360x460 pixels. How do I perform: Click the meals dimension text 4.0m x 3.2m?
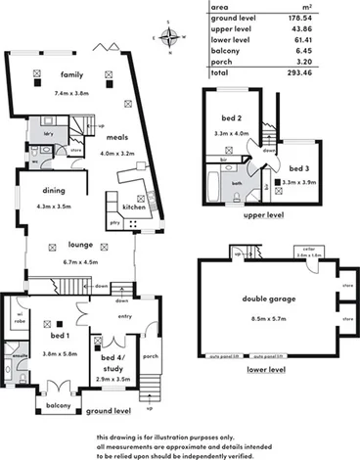pos(121,153)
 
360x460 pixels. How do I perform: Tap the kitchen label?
pos(135,208)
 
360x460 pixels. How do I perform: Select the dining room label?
pos(54,192)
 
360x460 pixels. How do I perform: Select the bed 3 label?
pos(301,169)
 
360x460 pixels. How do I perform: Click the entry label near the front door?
pos(126,316)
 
